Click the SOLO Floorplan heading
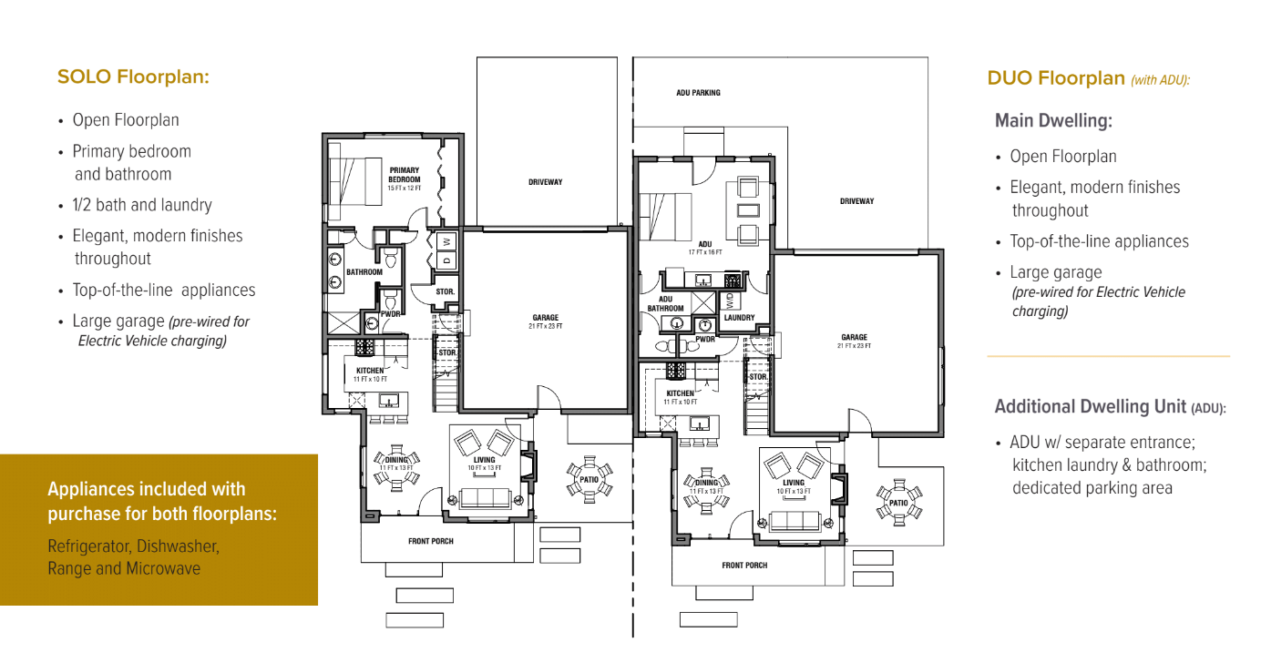[x=133, y=76]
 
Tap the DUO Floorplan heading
[x=1056, y=77]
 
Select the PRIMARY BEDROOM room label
[x=405, y=175]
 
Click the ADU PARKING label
[x=698, y=93]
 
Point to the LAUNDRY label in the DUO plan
[x=739, y=318]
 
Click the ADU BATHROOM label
[x=665, y=304]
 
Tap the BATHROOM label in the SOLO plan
[x=364, y=271]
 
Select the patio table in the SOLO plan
[x=589, y=480]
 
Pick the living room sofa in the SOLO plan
[x=485, y=498]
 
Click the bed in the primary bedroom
[x=354, y=181]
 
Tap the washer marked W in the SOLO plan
[x=447, y=242]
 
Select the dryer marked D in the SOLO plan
[x=447, y=260]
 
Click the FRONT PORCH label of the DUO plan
[x=744, y=565]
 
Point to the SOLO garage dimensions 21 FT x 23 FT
[x=545, y=326]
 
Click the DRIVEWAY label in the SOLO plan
[x=545, y=182]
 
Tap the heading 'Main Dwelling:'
[x=1053, y=120]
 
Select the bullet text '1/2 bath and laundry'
[x=142, y=205]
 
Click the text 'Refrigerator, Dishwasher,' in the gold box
[x=133, y=546]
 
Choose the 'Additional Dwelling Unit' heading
[x=1091, y=406]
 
